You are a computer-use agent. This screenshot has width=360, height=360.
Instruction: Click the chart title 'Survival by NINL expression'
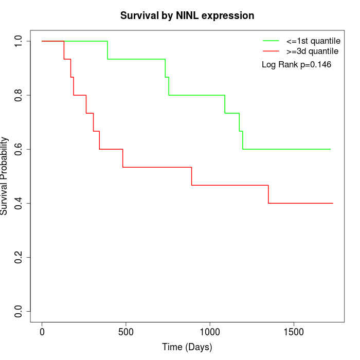coord(187,16)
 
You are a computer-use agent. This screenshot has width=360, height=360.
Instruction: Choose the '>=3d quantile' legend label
coord(312,51)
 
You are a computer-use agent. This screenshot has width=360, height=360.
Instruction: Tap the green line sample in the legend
coord(271,41)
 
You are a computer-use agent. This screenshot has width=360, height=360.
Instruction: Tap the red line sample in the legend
coord(271,51)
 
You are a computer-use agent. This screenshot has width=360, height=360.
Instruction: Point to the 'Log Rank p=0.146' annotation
coord(297,65)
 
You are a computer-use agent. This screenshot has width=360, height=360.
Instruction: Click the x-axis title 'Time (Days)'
coord(187,347)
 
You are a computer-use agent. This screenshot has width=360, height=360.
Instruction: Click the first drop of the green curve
coord(107,50)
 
